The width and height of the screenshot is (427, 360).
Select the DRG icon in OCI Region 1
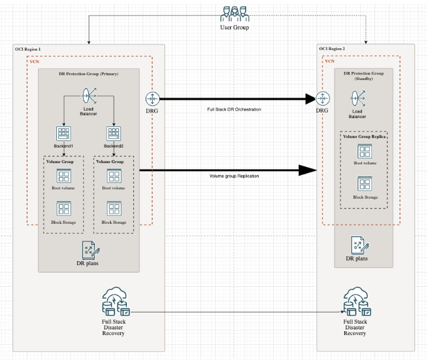[x=153, y=99]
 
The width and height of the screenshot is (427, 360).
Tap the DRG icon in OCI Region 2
[x=323, y=99]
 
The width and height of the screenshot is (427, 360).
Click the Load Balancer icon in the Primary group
[x=88, y=96]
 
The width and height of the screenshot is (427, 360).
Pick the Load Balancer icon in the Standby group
[x=358, y=99]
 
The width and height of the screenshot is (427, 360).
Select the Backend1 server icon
[x=63, y=133]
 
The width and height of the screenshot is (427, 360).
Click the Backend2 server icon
[x=114, y=133]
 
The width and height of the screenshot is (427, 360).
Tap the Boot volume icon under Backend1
[x=63, y=176]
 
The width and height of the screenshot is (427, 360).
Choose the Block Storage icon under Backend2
[x=114, y=209]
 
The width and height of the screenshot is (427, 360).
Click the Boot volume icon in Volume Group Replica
[x=363, y=151]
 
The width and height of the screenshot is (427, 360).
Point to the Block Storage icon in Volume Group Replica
[x=363, y=184]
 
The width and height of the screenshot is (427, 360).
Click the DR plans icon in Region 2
[x=357, y=244]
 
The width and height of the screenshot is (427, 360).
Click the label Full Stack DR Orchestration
[x=233, y=109]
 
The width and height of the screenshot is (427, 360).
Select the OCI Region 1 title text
[x=29, y=49]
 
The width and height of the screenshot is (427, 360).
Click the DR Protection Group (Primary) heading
[x=88, y=74]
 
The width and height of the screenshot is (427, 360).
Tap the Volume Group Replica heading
[x=363, y=136]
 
